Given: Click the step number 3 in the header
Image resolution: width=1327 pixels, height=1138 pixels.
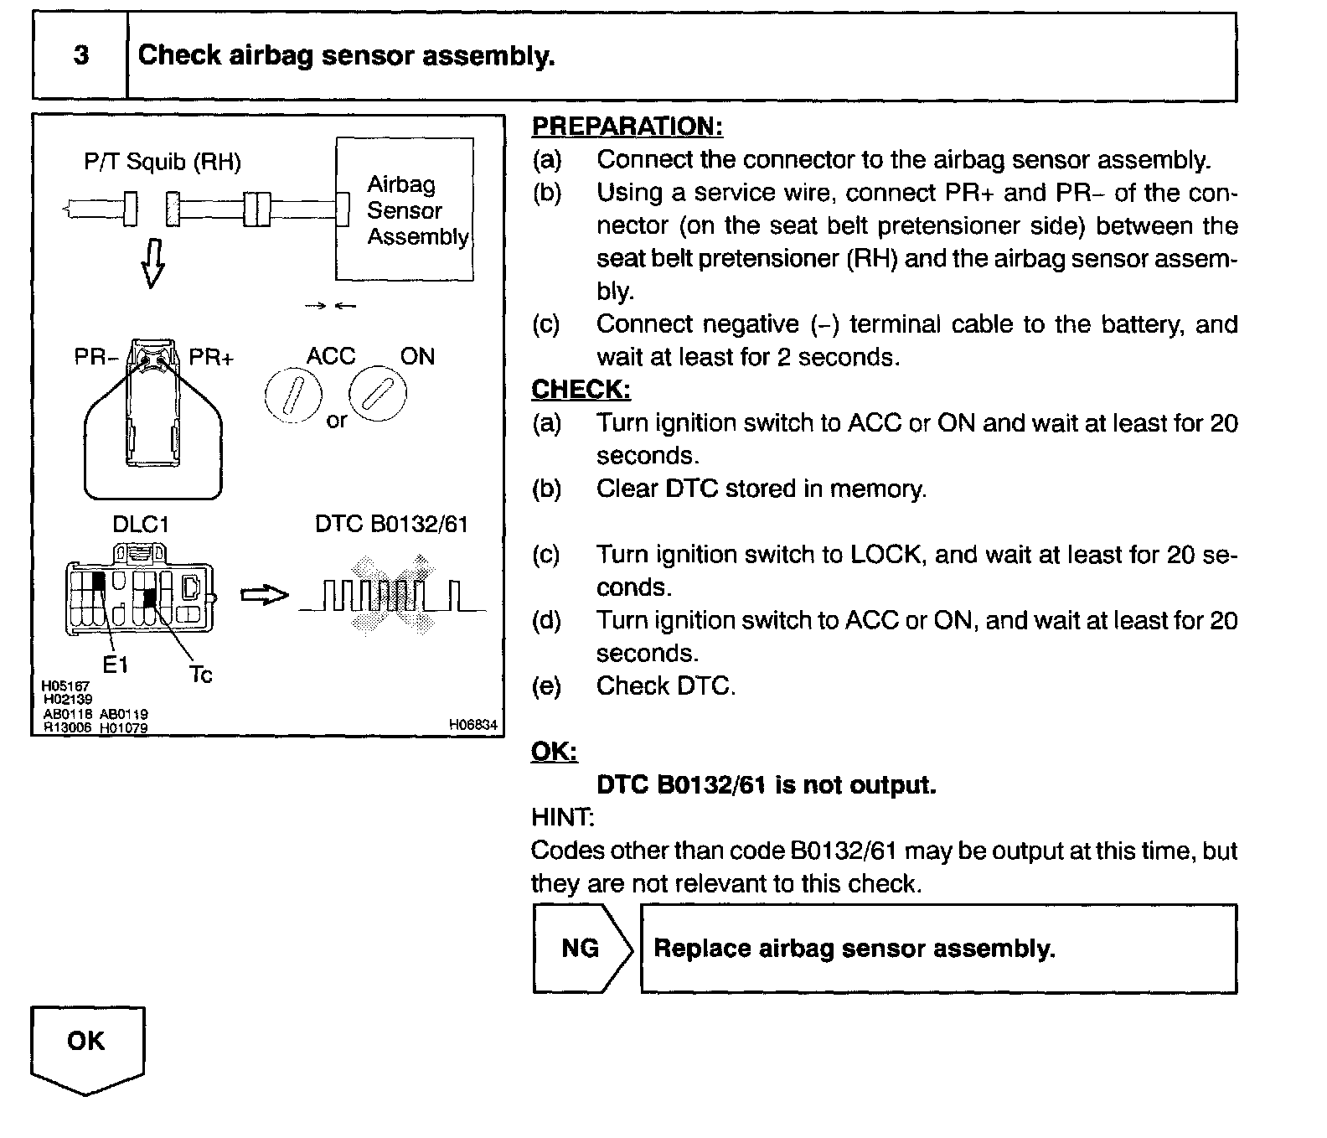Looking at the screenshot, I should click(x=80, y=56).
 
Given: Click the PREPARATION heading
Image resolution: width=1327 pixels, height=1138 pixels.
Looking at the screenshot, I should click(x=627, y=127).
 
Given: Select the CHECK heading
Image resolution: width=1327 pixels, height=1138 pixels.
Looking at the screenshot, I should click(x=581, y=390).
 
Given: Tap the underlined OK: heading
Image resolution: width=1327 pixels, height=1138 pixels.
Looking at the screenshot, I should click(x=554, y=752).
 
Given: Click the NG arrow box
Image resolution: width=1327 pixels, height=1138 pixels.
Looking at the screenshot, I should click(x=581, y=949).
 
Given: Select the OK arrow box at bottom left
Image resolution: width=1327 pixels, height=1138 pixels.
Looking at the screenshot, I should click(x=86, y=1045).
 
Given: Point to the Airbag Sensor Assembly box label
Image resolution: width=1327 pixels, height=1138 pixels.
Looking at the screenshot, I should click(x=416, y=210).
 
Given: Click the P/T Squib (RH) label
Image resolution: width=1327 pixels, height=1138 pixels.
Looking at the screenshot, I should click(x=163, y=162).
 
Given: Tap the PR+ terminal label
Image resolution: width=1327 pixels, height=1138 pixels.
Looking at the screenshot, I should click(x=211, y=358).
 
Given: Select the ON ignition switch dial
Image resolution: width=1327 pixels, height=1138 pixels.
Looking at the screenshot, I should click(x=378, y=393).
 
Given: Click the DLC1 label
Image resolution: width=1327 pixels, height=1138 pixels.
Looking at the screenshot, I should click(x=140, y=525).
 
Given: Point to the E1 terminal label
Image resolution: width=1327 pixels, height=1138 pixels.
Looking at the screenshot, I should click(x=116, y=665).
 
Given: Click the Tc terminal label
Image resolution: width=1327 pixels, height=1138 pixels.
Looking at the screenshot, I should click(x=201, y=675).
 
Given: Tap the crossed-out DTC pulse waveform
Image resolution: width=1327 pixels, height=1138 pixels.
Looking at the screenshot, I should click(x=392, y=596).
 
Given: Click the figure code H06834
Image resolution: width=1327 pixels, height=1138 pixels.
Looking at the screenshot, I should click(x=472, y=725).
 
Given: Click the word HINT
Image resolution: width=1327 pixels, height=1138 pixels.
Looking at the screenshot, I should click(x=562, y=817).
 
